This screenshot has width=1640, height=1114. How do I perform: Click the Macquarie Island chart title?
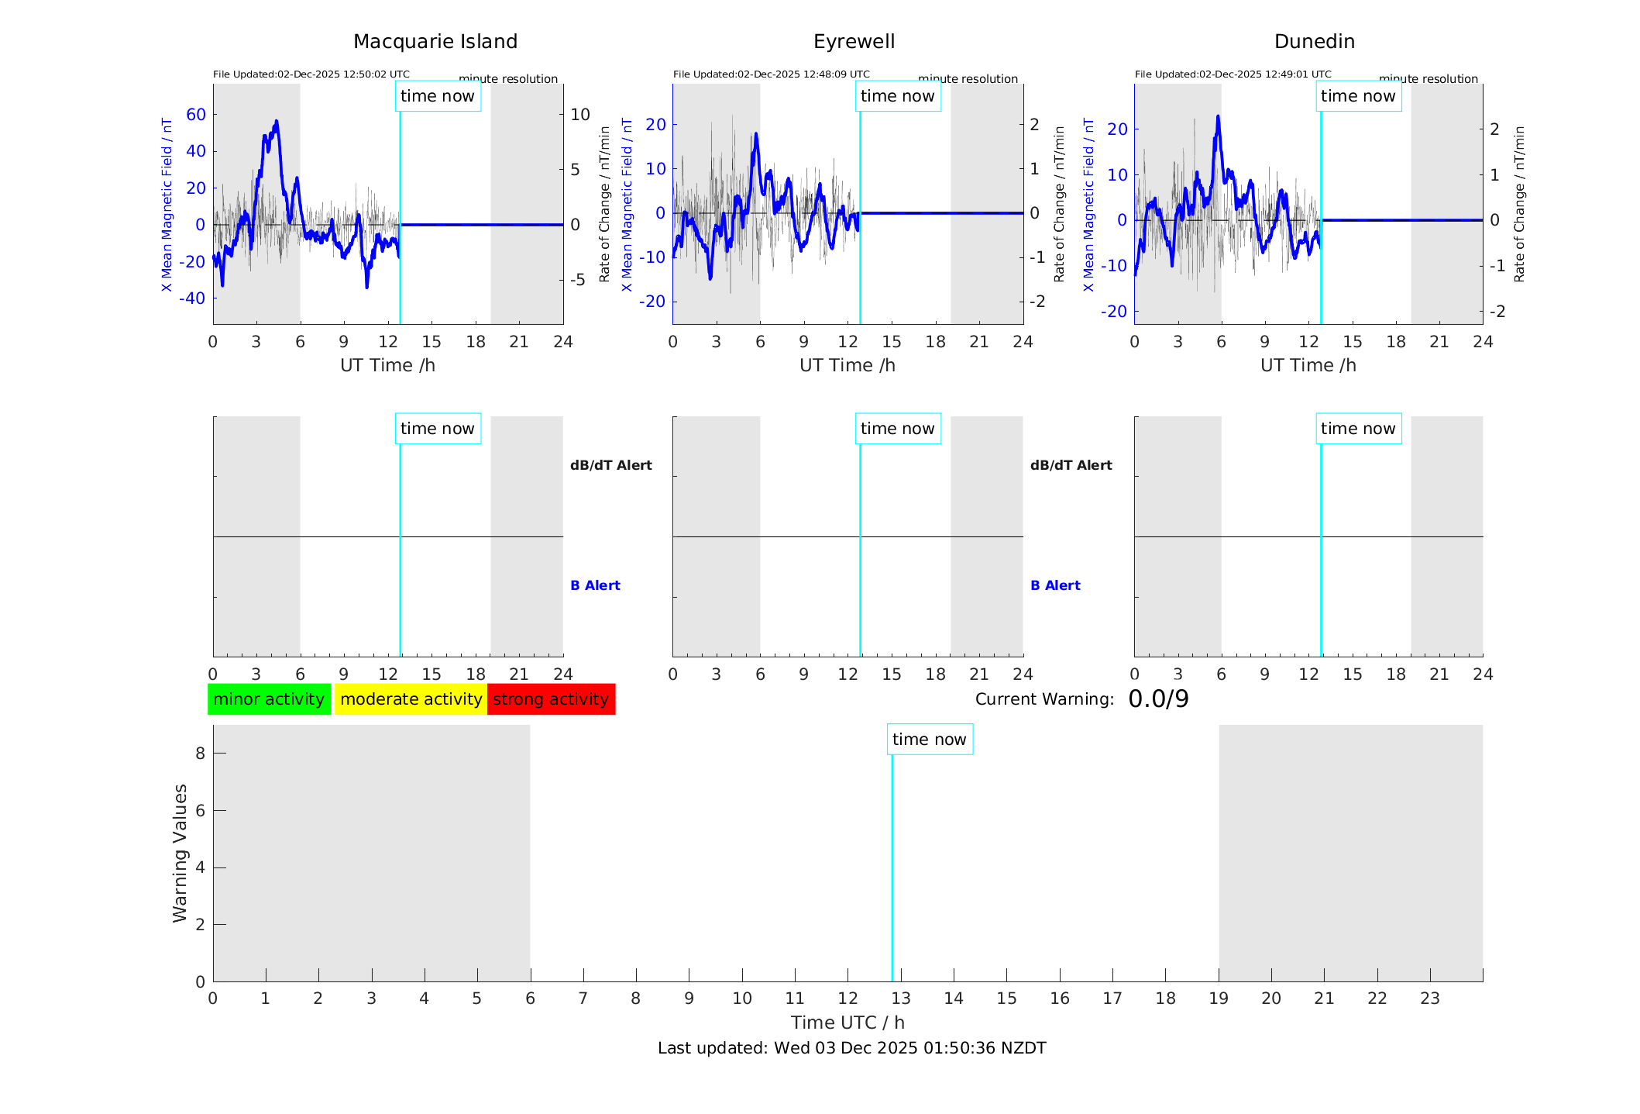435,42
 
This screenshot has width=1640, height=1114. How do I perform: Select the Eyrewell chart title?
854,42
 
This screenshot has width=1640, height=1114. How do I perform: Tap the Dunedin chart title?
1314,42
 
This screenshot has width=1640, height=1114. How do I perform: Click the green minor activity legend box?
269,699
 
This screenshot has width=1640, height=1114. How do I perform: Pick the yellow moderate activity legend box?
411,699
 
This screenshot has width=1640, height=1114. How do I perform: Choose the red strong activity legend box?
551,699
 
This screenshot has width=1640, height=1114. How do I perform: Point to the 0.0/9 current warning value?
1158,699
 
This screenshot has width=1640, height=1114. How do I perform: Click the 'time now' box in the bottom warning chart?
929,740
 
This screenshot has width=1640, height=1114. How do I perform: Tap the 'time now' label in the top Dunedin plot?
1357,96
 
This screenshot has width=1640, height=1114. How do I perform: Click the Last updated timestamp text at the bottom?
851,1048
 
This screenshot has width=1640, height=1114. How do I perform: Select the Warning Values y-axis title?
180,853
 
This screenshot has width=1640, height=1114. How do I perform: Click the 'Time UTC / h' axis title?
848,1023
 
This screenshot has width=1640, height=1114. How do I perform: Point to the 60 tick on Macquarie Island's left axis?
196,115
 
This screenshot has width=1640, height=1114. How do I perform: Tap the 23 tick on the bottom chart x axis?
1429,998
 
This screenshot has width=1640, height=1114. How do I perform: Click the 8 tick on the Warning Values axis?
200,753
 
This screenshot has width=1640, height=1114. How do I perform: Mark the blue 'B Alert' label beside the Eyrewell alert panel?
1055,585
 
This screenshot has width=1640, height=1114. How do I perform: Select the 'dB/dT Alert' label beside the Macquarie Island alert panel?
610,465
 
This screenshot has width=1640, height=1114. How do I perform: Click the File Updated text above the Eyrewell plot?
771,74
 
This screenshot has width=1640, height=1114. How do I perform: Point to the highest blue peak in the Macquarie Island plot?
276,122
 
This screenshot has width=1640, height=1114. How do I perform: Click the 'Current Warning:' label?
1044,699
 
